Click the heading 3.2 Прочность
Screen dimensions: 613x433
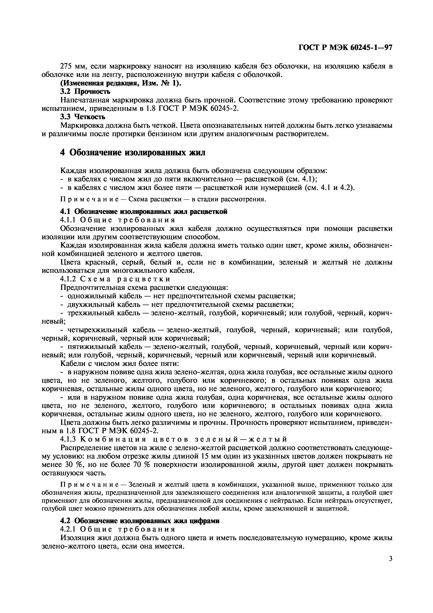pos(85,92)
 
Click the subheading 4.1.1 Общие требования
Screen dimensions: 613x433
pos(118,220)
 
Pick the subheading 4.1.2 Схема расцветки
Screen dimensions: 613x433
pos(115,279)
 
